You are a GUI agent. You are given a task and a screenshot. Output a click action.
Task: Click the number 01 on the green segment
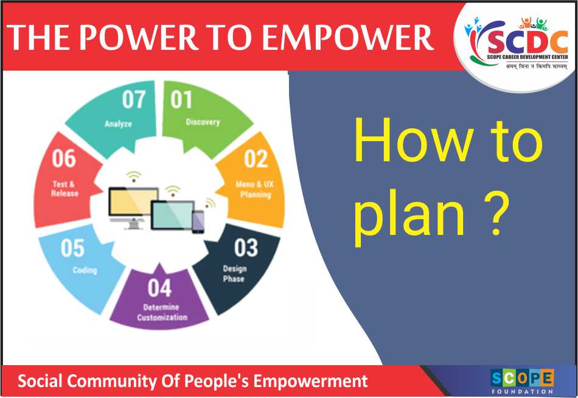tap(181, 100)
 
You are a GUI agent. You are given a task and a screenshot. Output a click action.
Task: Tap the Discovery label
tap(203, 122)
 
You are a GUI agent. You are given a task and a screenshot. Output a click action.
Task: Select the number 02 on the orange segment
tap(256, 159)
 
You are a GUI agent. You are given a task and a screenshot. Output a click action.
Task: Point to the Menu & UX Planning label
tap(255, 189)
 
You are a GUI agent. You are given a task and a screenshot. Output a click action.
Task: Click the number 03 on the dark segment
tap(246, 248)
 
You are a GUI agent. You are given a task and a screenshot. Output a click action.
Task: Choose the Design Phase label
tap(234, 274)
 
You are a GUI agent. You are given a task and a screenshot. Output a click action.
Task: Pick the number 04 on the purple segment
tap(159, 288)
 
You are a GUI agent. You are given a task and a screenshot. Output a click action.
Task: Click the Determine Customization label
tap(162, 312)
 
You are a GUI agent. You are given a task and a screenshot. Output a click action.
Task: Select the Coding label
tap(85, 270)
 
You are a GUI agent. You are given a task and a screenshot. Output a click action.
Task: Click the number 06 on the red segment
tap(64, 159)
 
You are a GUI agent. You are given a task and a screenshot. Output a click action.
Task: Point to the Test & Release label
tap(64, 189)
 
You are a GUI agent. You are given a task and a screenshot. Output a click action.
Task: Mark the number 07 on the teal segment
tap(134, 100)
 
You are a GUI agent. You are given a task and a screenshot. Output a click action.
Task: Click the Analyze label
tap(118, 124)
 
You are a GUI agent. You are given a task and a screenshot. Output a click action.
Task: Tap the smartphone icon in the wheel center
tap(198, 222)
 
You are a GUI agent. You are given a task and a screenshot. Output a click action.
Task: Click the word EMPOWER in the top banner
tap(347, 37)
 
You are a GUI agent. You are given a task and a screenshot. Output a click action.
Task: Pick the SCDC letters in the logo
tap(527, 42)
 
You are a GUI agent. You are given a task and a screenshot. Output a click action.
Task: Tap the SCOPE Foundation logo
tap(522, 382)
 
